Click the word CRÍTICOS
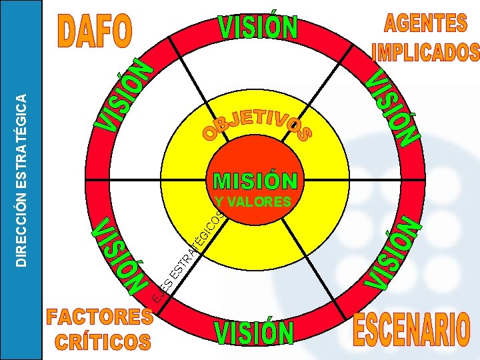pos(103,341)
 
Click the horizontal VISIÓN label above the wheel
pos(258,29)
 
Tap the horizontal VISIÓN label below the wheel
pos(254,333)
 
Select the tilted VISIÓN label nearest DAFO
pos(127,95)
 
